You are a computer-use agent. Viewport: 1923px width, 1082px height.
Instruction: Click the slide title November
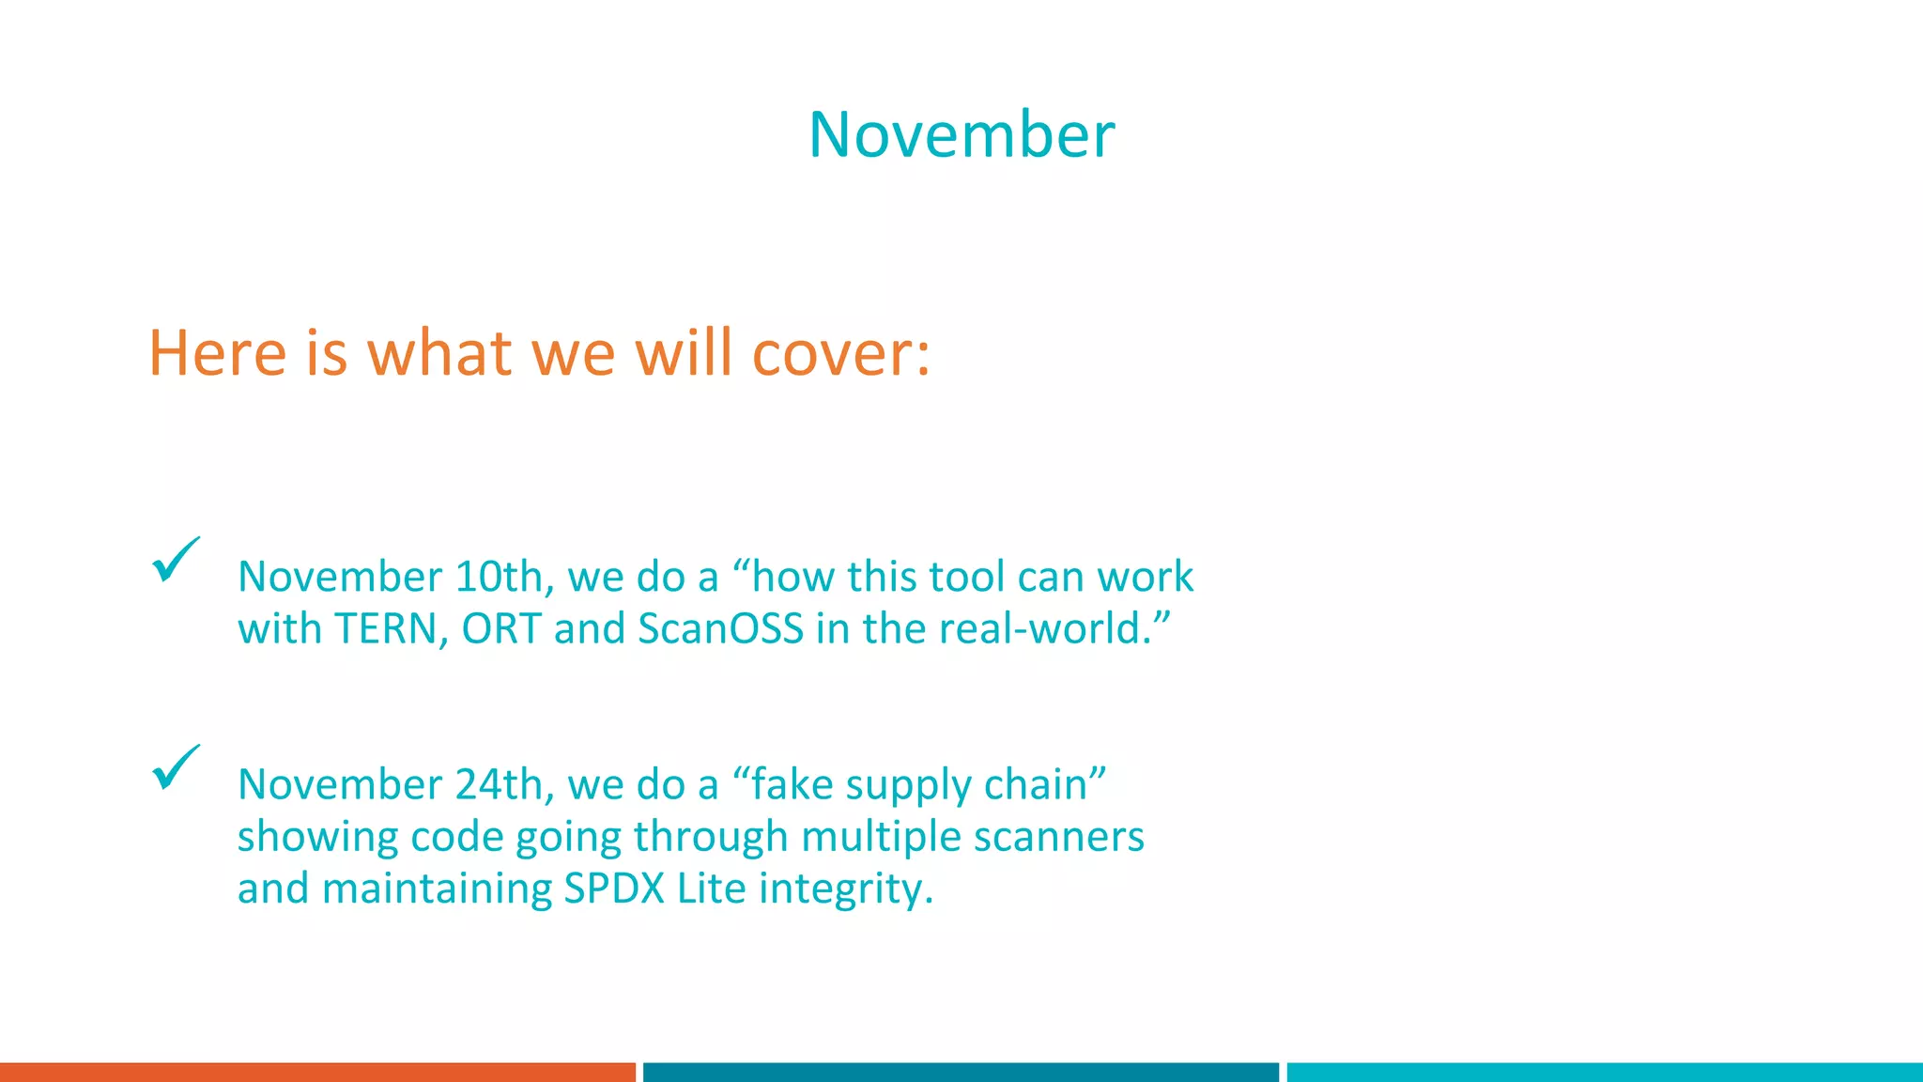[961, 135]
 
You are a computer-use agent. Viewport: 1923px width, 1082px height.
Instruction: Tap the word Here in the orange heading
[217, 354]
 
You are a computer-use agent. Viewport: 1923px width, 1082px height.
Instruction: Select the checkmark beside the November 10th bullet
[175, 561]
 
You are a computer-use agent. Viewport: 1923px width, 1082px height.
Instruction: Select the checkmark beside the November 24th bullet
[175, 768]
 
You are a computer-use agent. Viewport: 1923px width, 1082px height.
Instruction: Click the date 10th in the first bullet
[499, 577]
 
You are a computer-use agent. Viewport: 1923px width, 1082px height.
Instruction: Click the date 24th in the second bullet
[499, 784]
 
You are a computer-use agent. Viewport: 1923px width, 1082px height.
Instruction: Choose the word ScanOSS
[720, 629]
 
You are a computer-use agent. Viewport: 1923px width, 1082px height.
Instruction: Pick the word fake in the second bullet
[792, 784]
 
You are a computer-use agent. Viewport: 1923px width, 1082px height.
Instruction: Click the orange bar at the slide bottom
[317, 1072]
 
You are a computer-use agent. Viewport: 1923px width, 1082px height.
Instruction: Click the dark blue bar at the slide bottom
[961, 1072]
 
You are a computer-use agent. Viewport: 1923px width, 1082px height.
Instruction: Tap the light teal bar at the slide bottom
[1604, 1072]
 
